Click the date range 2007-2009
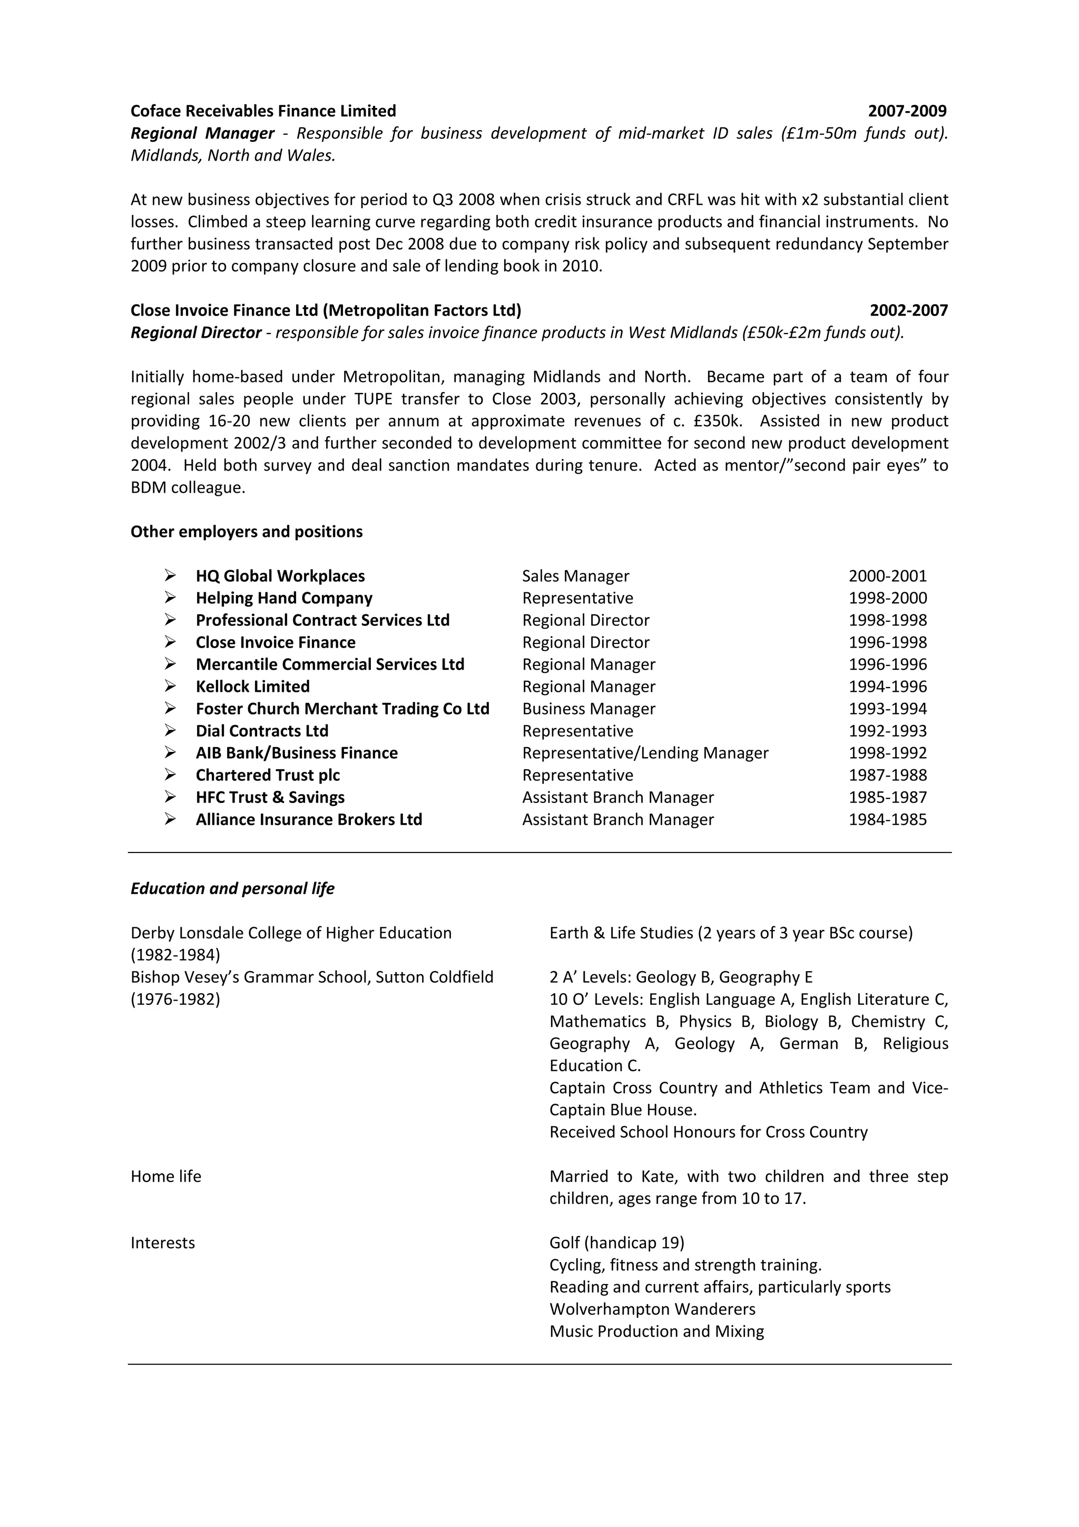coord(907,111)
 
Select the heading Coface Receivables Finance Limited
coord(263,111)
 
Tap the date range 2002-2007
coord(908,310)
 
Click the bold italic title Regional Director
coord(196,332)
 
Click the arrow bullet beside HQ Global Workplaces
coord(170,575)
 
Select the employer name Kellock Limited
coord(253,687)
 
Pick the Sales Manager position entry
coord(575,576)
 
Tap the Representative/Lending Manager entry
coord(645,753)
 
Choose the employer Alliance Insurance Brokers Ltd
coord(309,819)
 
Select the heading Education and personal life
coord(232,888)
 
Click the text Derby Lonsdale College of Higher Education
coord(291,933)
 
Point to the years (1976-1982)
coord(175,1000)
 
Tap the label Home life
coord(165,1177)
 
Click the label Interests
coord(163,1243)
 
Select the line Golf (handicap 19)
coord(616,1243)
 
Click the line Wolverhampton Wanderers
coord(652,1309)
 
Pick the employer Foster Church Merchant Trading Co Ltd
coord(342,709)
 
